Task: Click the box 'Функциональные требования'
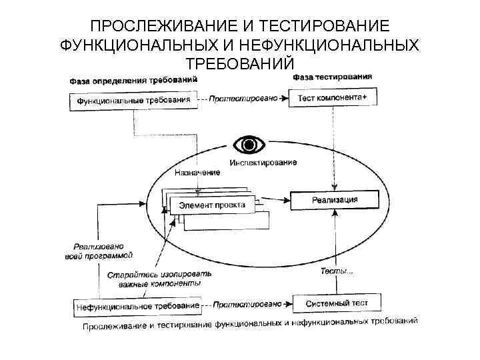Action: [133, 101]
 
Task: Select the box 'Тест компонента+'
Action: [332, 98]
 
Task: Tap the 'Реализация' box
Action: [335, 199]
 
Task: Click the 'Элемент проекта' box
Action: [212, 205]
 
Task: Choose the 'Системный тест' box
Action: [337, 303]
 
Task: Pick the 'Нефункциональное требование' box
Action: [137, 307]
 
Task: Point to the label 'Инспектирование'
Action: [263, 162]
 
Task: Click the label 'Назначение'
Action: [197, 173]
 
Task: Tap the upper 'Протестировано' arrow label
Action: [243, 99]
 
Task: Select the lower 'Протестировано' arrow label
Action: [249, 305]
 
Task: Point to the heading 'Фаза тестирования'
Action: [332, 77]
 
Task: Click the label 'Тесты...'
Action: [337, 270]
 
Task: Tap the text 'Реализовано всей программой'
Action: [103, 250]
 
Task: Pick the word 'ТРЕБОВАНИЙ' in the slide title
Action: [239, 63]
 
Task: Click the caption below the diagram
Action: [250, 324]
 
